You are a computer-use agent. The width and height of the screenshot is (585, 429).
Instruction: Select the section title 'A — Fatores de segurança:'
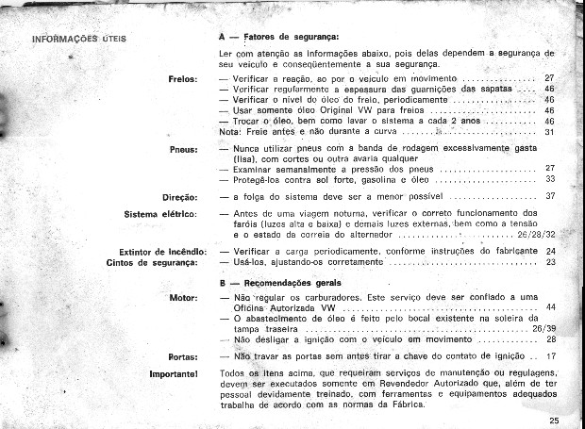tap(272, 36)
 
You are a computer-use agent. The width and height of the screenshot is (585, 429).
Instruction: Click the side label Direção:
tap(177, 196)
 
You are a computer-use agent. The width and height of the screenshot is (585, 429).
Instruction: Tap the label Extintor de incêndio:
tap(158, 252)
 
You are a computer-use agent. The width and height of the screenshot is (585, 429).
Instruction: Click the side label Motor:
tap(181, 298)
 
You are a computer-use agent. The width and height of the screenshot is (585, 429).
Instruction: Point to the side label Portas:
tap(181, 357)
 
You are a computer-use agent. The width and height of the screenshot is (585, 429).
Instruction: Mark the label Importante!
tap(172, 375)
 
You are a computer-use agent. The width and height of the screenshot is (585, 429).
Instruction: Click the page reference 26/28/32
tap(535, 233)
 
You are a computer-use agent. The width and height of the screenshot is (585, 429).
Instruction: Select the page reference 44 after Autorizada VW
tap(550, 308)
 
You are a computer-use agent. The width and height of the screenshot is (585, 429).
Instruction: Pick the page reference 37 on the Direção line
tap(550, 196)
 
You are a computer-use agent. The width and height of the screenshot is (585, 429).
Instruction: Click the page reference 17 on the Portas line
tap(551, 357)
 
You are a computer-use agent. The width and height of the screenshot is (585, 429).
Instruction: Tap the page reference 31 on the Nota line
tap(550, 132)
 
